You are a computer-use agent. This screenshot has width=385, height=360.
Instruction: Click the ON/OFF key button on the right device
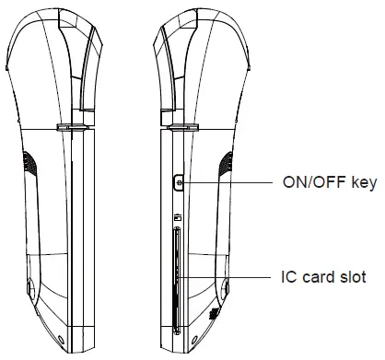[x=177, y=183]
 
